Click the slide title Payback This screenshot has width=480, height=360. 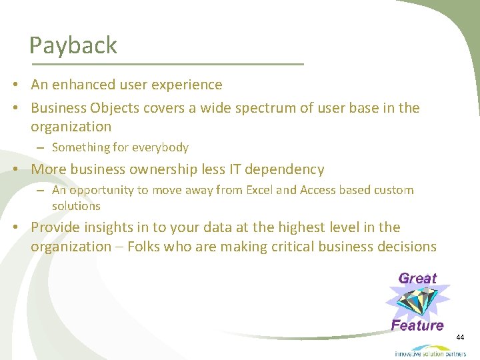[x=73, y=45]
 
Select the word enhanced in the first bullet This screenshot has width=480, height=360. [x=85, y=85]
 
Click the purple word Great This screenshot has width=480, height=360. [x=417, y=279]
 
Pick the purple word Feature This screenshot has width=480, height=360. [x=417, y=325]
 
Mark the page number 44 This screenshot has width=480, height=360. [x=460, y=338]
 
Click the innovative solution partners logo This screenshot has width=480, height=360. [x=430, y=351]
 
